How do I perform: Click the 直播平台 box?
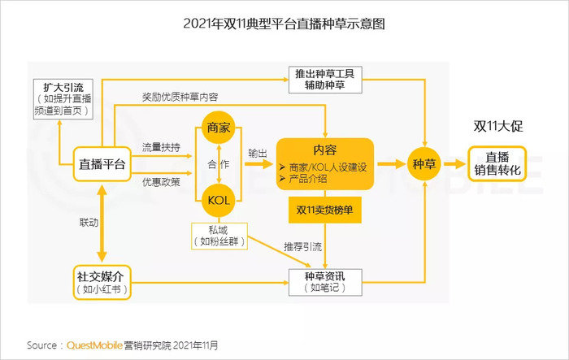[102, 164]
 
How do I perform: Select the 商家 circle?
[219, 128]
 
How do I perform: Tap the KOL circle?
[219, 200]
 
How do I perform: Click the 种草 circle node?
[423, 164]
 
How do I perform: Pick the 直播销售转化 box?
[497, 164]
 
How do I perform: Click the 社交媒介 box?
[102, 282]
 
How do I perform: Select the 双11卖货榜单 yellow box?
[325, 210]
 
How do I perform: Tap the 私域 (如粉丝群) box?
[219, 236]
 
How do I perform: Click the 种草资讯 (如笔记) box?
[325, 282]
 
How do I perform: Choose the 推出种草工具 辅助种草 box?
[325, 80]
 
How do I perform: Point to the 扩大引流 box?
[63, 99]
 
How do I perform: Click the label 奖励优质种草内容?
[180, 97]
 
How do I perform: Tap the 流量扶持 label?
[161, 147]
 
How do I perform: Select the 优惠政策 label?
[161, 182]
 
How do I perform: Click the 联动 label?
[89, 223]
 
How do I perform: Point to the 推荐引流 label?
[302, 247]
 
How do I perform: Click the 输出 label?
[258, 153]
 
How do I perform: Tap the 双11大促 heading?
[497, 126]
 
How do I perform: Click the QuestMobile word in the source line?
[94, 345]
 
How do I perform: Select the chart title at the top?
[284, 24]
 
